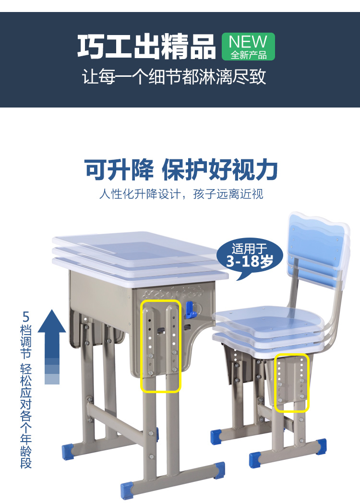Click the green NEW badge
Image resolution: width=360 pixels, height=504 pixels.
click(x=248, y=47)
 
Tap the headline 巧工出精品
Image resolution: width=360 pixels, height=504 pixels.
click(x=146, y=47)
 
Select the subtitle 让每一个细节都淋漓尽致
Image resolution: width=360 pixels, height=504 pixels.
click(x=174, y=77)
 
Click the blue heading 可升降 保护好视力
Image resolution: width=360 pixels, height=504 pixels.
click(x=181, y=169)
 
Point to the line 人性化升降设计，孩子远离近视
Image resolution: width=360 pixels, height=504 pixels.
click(x=181, y=194)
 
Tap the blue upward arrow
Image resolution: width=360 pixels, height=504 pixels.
click(x=52, y=347)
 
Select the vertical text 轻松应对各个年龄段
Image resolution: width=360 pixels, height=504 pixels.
click(x=26, y=416)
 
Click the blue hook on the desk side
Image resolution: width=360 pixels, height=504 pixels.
click(x=191, y=310)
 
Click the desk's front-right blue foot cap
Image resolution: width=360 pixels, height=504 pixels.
click(x=219, y=469)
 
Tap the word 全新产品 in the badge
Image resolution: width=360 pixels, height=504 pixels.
click(x=249, y=55)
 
